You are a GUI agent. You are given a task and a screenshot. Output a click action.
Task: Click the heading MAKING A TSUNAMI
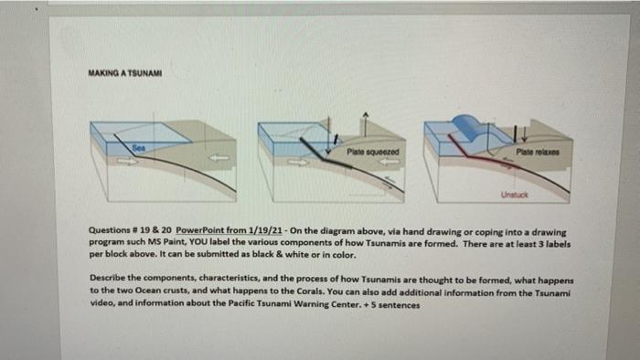(125, 73)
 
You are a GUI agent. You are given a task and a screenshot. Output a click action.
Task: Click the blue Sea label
(139, 148)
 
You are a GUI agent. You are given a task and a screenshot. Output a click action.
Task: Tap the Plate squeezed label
(373, 152)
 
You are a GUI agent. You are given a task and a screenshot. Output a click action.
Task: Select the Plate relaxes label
(538, 152)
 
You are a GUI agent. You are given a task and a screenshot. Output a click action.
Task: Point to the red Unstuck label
(514, 195)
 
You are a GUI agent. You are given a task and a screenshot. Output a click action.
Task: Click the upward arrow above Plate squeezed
(366, 125)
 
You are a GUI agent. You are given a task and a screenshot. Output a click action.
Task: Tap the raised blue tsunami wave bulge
(469, 127)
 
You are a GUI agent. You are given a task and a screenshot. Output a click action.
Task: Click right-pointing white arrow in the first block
(128, 161)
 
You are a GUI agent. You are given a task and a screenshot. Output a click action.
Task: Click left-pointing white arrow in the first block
(219, 158)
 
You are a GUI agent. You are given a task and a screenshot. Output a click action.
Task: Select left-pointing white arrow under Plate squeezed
(389, 162)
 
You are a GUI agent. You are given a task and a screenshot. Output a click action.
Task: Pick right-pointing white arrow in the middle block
(299, 163)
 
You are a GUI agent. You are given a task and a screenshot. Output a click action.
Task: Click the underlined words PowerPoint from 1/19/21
(229, 230)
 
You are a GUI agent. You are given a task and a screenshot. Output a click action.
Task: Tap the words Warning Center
(327, 303)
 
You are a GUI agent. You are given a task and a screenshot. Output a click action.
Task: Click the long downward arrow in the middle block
(328, 135)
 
